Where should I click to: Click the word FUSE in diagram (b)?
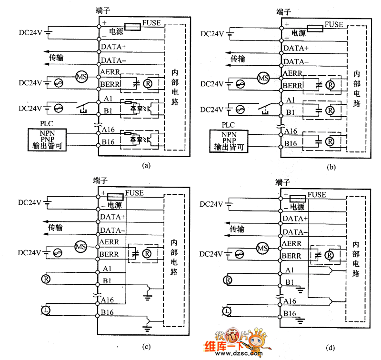pos(334,25)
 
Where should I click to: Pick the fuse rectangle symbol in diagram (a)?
pos(132,27)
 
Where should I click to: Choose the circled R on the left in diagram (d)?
pos(228,280)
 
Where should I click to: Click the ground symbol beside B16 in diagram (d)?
pos(300,319)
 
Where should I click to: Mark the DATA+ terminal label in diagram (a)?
pos(114,47)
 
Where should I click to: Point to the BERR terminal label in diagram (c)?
pos(110,255)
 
